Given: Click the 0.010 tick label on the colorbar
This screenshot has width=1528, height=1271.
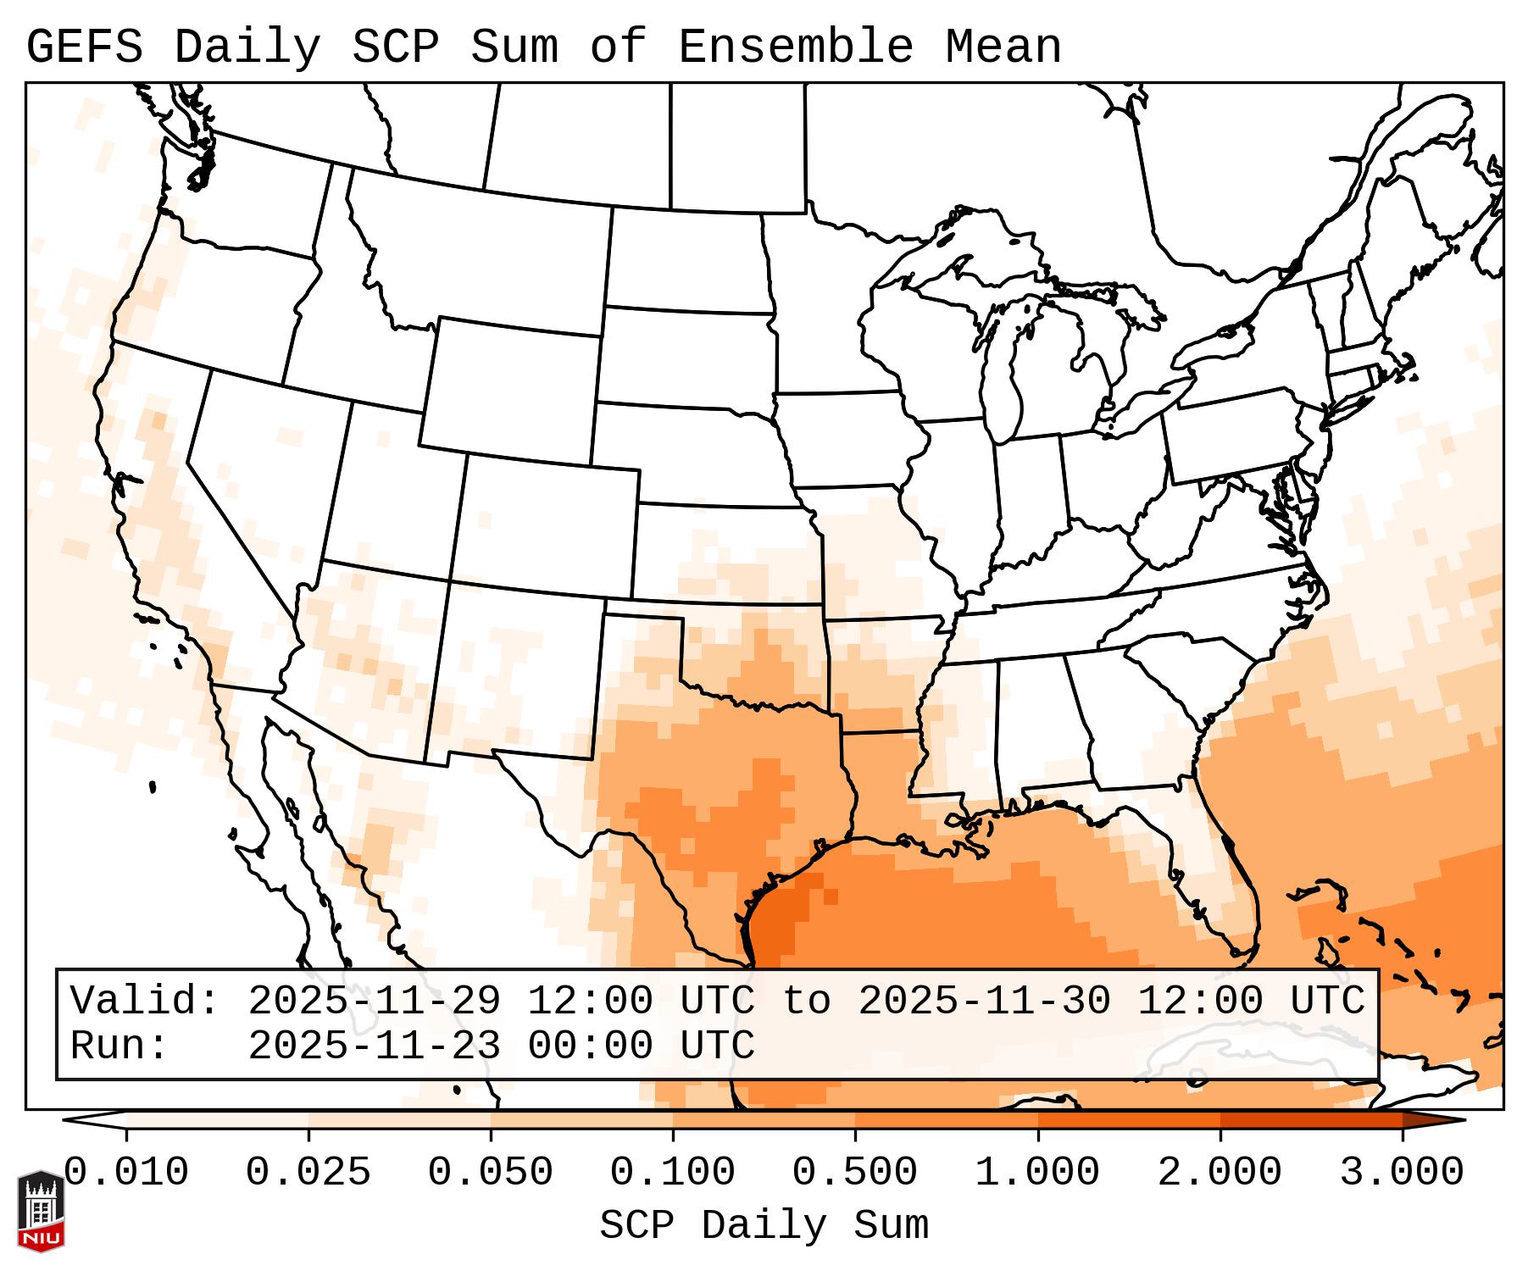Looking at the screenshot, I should tap(126, 1173).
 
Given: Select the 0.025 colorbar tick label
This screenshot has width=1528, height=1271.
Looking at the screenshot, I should tap(308, 1173).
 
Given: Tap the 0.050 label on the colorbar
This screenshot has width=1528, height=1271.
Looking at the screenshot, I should tap(491, 1173).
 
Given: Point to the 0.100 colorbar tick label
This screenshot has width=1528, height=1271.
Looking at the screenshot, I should tap(673, 1173).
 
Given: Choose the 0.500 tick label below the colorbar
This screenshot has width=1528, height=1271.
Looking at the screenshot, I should tap(855, 1173).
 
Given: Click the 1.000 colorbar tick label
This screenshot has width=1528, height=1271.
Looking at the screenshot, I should tap(1038, 1173).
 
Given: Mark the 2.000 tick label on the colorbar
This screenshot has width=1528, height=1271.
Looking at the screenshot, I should tap(1220, 1173).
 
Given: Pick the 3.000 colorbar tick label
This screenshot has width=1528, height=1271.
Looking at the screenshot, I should tap(1403, 1173).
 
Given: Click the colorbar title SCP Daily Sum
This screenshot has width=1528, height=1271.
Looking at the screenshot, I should tap(764, 1225).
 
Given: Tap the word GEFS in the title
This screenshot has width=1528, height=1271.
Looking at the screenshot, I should tap(85, 47).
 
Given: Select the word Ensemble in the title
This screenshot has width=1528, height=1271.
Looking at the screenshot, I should tap(796, 47).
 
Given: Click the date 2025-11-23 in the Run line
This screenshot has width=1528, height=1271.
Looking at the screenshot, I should tap(375, 1046).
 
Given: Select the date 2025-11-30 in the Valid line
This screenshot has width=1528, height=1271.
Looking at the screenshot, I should tap(984, 1001).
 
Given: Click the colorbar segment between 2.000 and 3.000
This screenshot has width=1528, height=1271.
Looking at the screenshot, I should tap(1311, 1120).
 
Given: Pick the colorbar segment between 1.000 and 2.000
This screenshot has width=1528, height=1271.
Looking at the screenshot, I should tap(1129, 1120).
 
